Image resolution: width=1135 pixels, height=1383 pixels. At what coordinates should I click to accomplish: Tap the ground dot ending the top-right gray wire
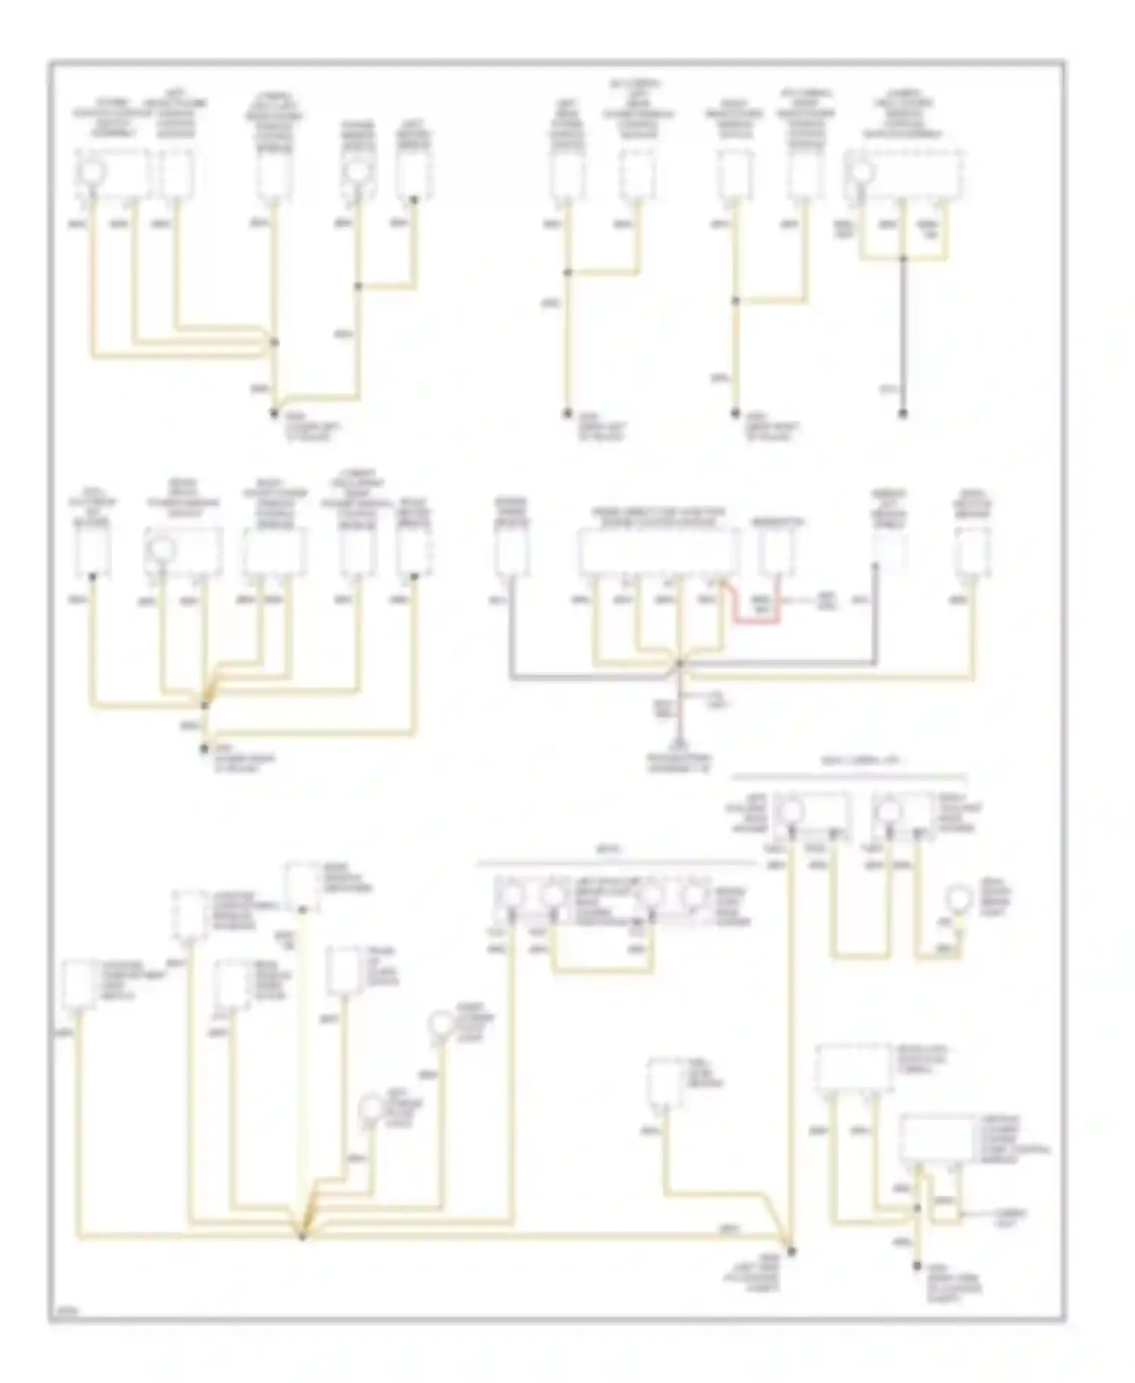click(902, 414)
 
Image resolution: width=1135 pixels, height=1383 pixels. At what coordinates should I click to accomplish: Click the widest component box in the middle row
click(658, 552)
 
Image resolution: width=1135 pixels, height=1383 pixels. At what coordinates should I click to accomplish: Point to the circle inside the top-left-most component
click(92, 172)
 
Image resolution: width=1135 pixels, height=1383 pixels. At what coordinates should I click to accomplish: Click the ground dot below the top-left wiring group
click(274, 412)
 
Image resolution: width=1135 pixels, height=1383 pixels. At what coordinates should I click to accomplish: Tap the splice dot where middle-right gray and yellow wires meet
click(679, 664)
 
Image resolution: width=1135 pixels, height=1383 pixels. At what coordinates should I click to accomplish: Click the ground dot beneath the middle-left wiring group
click(204, 749)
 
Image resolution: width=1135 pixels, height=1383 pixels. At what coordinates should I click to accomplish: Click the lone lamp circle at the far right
click(960, 900)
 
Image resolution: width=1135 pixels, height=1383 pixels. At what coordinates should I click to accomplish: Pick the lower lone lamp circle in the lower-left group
click(372, 1108)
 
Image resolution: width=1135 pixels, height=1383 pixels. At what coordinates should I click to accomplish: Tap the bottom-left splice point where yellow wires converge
click(302, 1236)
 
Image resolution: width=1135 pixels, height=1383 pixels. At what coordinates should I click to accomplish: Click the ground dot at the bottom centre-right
click(791, 1251)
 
